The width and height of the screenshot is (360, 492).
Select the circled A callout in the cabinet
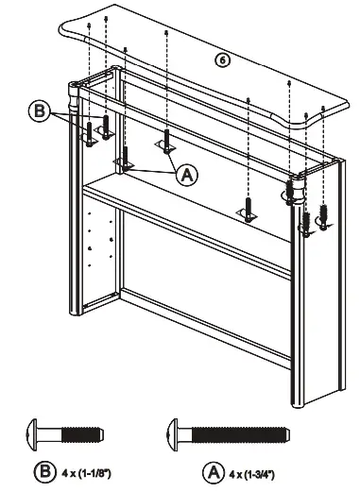186,174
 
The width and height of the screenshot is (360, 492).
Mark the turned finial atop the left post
77,94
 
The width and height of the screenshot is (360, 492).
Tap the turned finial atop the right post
294,184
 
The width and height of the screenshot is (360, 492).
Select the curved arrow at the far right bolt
326,222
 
